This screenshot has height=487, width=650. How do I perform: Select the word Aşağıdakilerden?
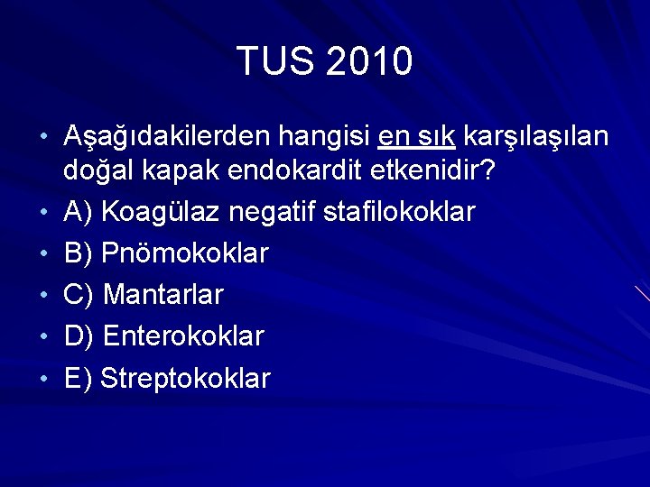point(168,138)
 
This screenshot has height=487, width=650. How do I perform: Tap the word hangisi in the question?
point(324,137)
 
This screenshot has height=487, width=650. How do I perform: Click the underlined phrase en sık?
point(416,137)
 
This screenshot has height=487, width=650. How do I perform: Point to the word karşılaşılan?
point(535,138)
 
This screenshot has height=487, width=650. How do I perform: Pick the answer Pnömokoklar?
point(184,253)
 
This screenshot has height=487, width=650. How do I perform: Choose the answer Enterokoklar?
point(183,337)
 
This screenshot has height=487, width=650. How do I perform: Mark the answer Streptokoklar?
point(185,379)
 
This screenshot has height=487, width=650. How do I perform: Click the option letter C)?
point(79,295)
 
